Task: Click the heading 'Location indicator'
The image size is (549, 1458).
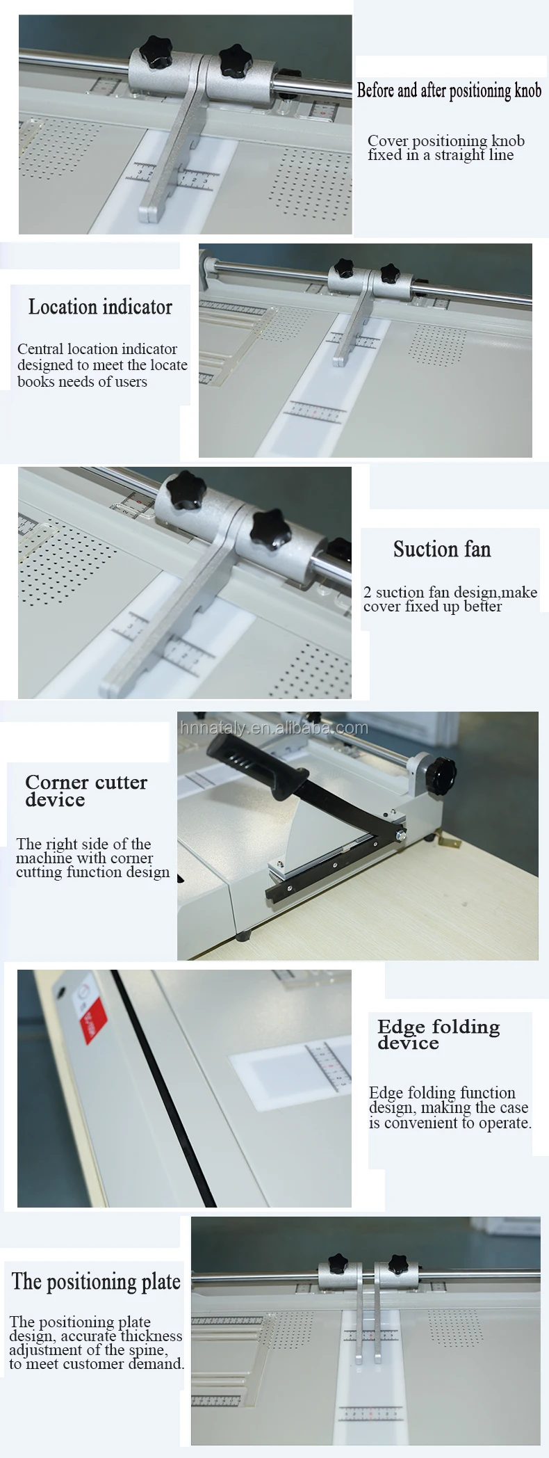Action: point(100,307)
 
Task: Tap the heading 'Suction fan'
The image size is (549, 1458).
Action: point(442,549)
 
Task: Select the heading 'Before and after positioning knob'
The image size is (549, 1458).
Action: point(449,90)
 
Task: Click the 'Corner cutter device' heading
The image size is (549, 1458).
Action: point(86,791)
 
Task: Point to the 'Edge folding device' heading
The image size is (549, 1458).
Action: point(439,1034)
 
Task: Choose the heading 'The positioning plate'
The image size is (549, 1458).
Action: point(96,1281)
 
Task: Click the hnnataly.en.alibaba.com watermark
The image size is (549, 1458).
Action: point(274,728)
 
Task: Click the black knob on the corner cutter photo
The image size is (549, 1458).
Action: point(441,774)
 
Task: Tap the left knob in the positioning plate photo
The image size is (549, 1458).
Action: point(338,1261)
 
